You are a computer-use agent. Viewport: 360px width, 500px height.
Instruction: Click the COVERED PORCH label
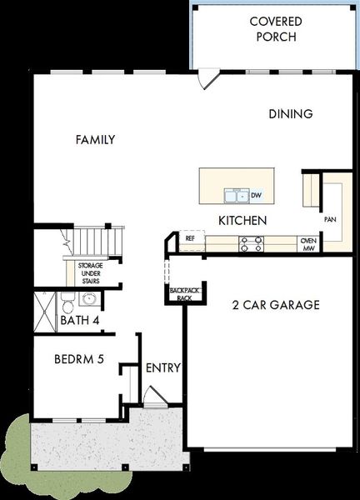coord(276,29)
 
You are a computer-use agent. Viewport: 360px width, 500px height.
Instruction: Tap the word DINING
coord(291,114)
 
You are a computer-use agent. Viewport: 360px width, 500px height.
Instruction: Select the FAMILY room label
coord(95,140)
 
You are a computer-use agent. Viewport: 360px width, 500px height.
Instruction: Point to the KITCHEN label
coord(242,221)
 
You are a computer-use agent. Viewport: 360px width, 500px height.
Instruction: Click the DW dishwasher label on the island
coord(256,195)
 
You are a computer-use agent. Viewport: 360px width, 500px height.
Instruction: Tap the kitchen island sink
coord(237,196)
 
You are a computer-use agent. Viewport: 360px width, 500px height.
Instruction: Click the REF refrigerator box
coord(192,240)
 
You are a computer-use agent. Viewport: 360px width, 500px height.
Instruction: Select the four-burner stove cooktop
coord(252,244)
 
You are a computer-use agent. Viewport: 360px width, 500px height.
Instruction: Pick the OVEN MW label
coord(308,244)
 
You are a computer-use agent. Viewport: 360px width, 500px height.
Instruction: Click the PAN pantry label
coord(330,219)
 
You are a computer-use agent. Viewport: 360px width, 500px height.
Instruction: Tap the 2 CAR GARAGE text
coord(276,305)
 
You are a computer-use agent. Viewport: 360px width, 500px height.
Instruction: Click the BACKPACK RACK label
coord(184,294)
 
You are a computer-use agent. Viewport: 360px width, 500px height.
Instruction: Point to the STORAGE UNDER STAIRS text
coord(91,273)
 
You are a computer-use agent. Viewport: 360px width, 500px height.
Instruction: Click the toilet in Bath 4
coord(67,303)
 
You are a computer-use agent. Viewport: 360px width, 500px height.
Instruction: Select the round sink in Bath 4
coord(89,299)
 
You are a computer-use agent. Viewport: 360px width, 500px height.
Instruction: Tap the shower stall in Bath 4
coord(45,312)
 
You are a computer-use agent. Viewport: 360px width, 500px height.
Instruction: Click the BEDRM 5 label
coord(79,359)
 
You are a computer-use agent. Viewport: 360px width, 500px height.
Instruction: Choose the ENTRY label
coord(163,367)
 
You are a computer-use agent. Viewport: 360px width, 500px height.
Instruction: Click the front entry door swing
coord(155,397)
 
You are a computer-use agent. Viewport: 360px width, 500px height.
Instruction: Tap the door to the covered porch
coord(207,79)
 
